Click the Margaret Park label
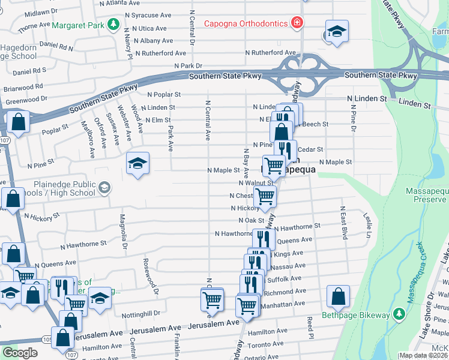click(79, 26)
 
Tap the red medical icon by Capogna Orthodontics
click(296, 23)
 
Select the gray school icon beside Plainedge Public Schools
click(104, 188)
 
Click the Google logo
click(20, 353)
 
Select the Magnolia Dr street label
click(123, 231)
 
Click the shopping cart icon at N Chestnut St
click(264, 196)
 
